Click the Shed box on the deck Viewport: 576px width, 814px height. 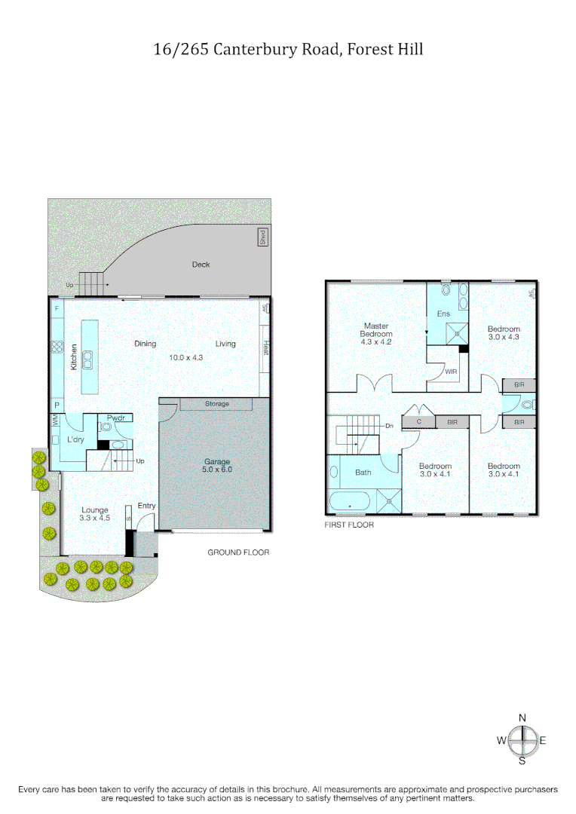pyautogui.click(x=262, y=237)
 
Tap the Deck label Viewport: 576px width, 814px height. pyautogui.click(x=201, y=265)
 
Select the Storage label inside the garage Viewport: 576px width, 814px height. pyautogui.click(x=216, y=404)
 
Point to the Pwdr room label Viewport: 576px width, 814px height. pyautogui.click(x=115, y=418)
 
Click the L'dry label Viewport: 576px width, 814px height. pyautogui.click(x=75, y=439)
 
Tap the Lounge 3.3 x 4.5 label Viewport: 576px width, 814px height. pyautogui.click(x=95, y=514)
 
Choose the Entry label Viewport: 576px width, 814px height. pyautogui.click(x=146, y=505)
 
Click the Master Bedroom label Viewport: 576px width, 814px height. pyautogui.click(x=376, y=334)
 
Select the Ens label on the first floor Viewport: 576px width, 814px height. pyautogui.click(x=443, y=314)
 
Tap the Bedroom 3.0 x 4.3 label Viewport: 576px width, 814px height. pyautogui.click(x=504, y=333)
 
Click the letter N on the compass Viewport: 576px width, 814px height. pyautogui.click(x=522, y=718)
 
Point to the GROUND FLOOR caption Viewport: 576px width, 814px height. pyautogui.click(x=238, y=552)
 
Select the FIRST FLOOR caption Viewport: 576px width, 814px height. pyautogui.click(x=349, y=525)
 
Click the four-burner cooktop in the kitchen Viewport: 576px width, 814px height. pyautogui.click(x=57, y=347)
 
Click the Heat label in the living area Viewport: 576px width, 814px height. pyautogui.click(x=265, y=347)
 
